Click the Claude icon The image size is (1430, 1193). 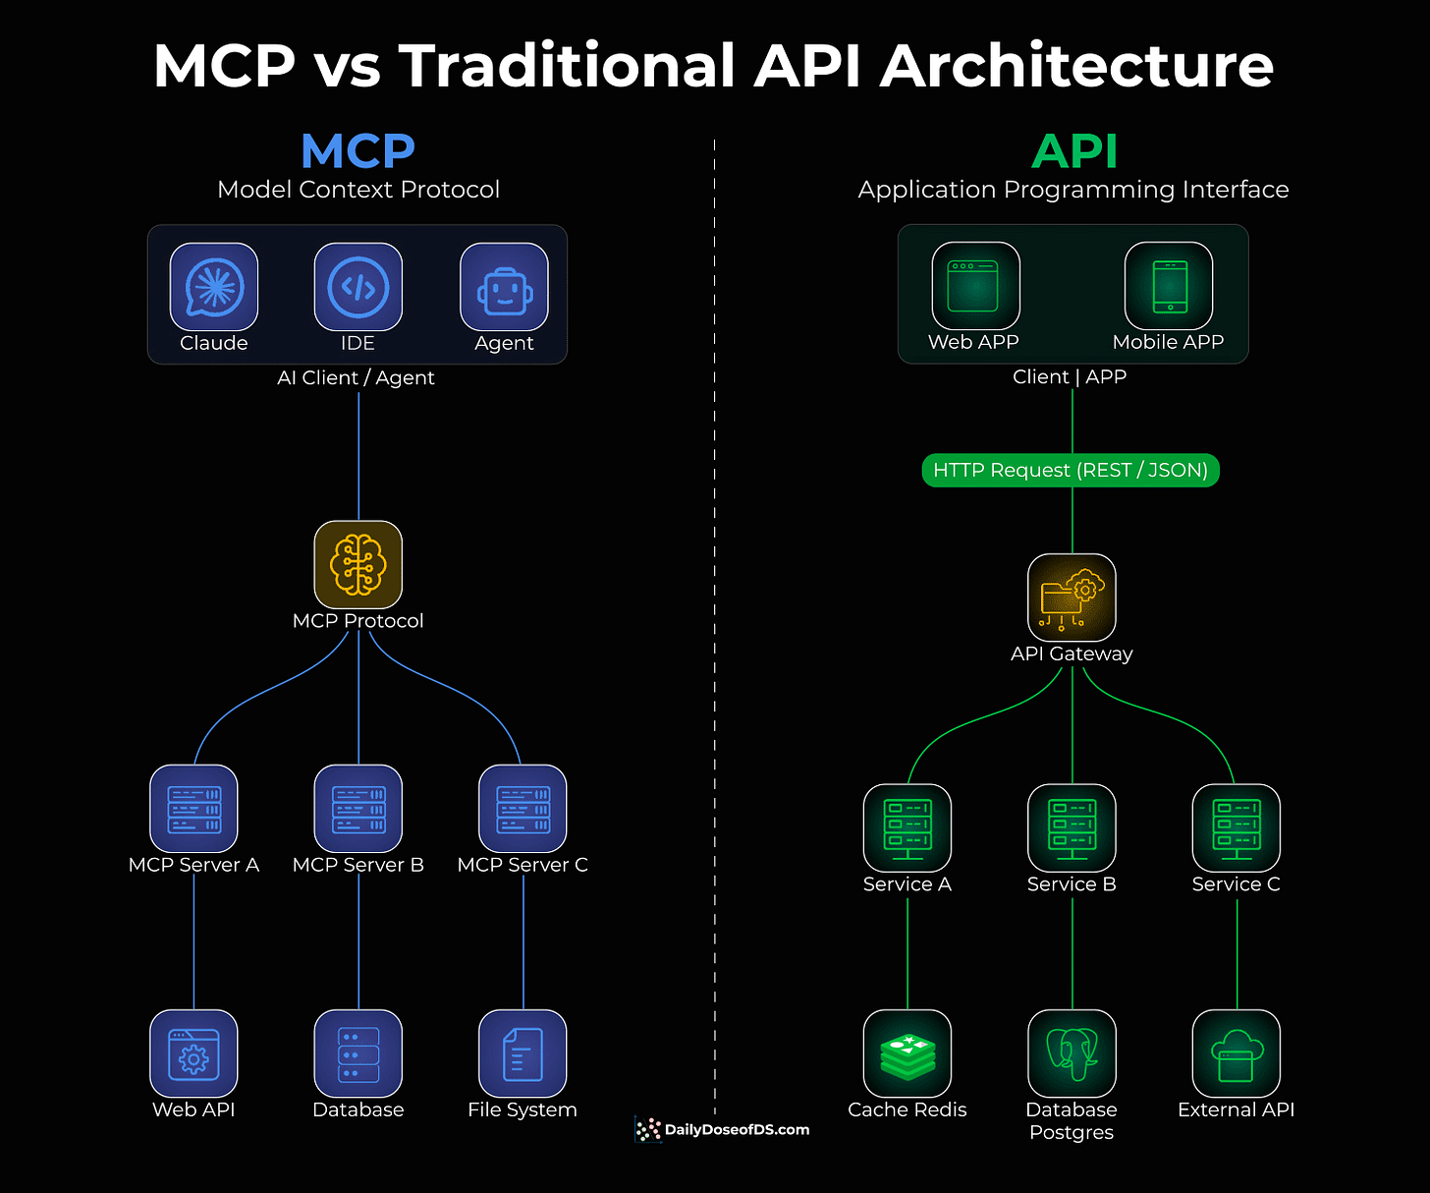tap(214, 287)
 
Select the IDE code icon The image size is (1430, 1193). tap(358, 287)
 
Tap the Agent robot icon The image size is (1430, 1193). tap(504, 287)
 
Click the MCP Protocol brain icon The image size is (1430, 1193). tap(358, 565)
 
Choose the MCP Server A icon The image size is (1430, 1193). tap(193, 809)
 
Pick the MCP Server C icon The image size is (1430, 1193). tap(522, 809)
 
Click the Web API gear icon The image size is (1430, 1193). tap(193, 1053)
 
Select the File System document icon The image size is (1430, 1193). tap(522, 1053)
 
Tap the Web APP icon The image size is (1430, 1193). tap(975, 286)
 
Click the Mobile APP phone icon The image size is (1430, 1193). tap(1169, 286)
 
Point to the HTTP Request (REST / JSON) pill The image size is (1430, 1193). tap(1071, 471)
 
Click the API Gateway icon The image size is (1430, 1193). tap(1072, 597)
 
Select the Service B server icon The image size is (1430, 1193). tap(1072, 828)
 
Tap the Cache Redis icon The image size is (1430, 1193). tap(907, 1053)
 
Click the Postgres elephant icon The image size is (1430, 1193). tap(1072, 1053)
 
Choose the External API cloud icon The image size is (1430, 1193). tap(1236, 1053)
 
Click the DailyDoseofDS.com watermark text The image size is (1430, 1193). tap(737, 1130)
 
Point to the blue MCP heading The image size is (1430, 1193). tap(358, 151)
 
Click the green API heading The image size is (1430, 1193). tap(1074, 151)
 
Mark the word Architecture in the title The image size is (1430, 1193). tap(1076, 67)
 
